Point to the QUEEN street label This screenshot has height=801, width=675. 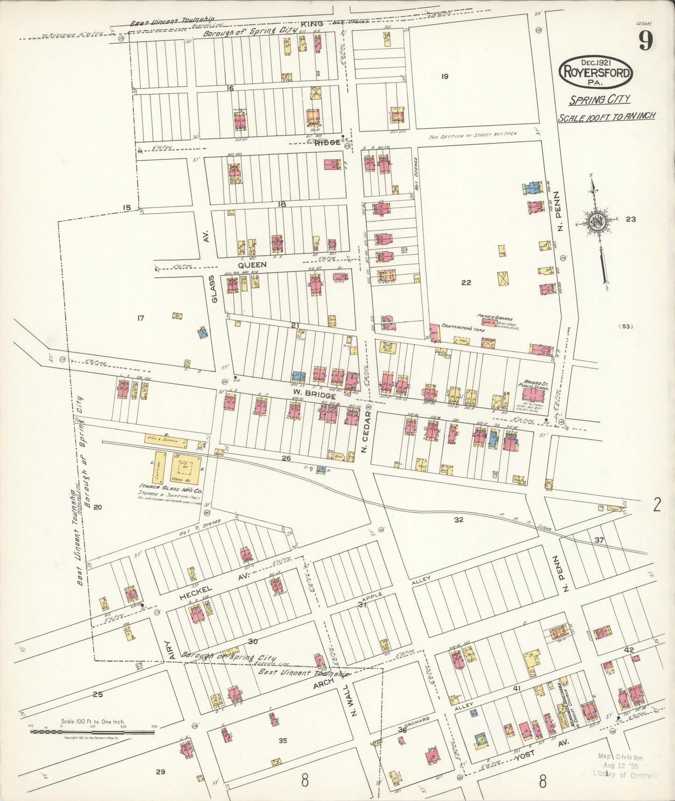click(252, 265)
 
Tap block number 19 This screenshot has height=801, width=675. click(444, 77)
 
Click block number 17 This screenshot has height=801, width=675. click(140, 318)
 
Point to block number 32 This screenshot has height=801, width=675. click(458, 519)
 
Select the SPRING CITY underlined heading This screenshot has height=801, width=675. click(599, 99)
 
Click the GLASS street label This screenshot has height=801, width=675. click(213, 289)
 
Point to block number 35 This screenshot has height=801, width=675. click(282, 741)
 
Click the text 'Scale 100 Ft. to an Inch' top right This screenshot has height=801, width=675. click(606, 116)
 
